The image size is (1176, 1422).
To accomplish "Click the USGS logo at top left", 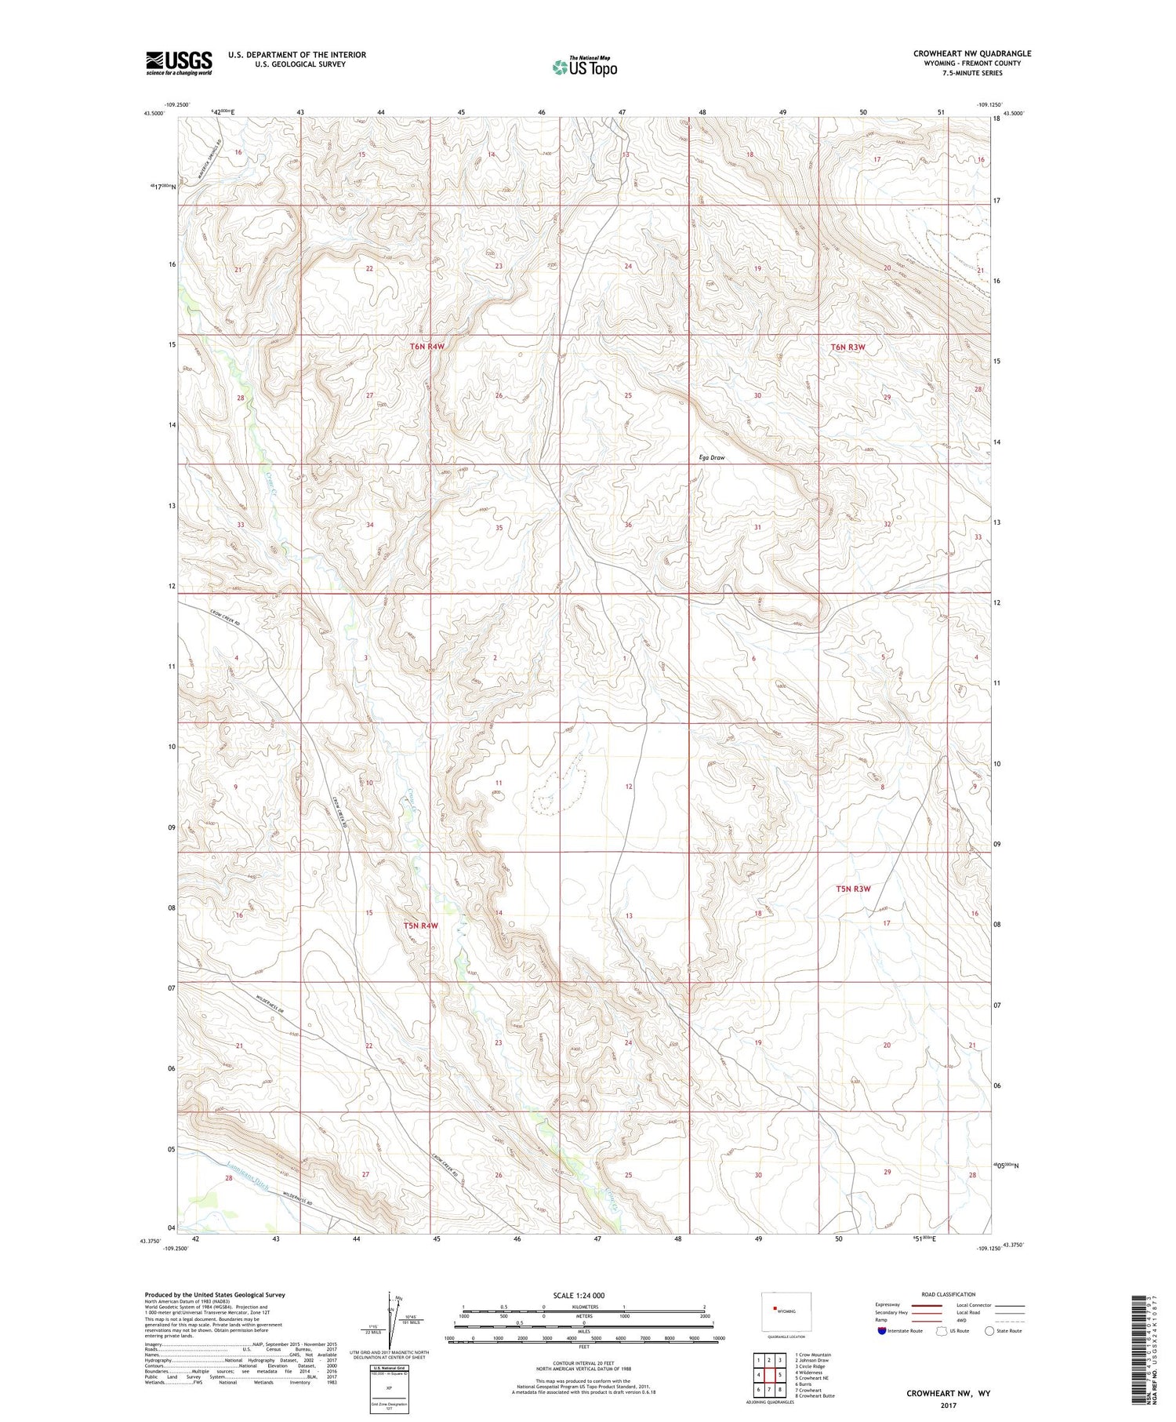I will click(x=179, y=63).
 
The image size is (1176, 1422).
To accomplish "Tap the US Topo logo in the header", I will click(x=584, y=67).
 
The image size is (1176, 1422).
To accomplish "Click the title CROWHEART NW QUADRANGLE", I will click(x=971, y=53).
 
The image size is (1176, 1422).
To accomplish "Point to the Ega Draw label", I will click(x=712, y=457).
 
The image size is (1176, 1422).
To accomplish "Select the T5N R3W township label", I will click(x=853, y=889).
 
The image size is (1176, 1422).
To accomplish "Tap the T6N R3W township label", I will click(x=848, y=347).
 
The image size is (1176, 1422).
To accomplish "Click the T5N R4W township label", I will click(x=420, y=926).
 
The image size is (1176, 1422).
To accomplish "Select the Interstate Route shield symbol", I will click(x=882, y=1331).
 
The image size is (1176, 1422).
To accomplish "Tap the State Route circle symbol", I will click(x=989, y=1331).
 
